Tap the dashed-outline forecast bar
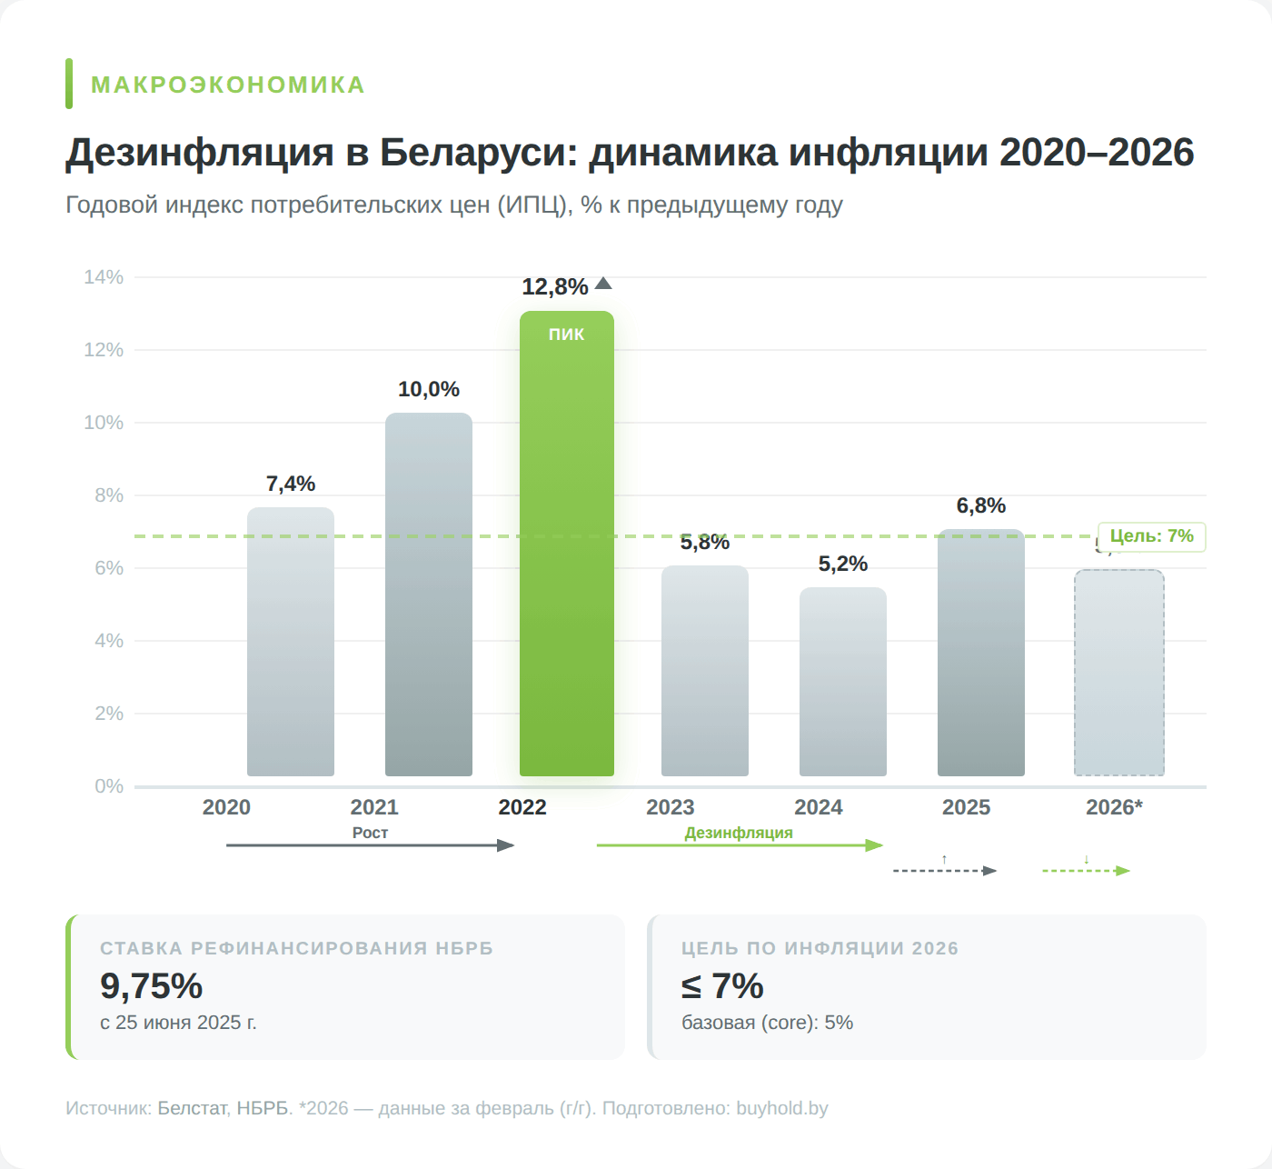click(1119, 673)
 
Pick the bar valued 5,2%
click(843, 682)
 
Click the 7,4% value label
click(291, 484)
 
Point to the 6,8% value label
click(981, 505)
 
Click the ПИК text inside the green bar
click(566, 335)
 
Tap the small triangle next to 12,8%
click(603, 284)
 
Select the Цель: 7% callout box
click(1151, 536)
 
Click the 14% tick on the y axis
click(104, 277)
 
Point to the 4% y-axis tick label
click(108, 641)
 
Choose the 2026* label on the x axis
click(1114, 807)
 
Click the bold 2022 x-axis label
click(522, 807)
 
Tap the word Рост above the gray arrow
click(370, 833)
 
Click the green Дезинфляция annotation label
click(739, 833)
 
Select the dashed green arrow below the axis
click(1085, 871)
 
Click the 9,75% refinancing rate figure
click(152, 986)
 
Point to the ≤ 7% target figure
click(722, 986)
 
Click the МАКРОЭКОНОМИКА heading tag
click(228, 85)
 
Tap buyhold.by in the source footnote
click(781, 1108)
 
